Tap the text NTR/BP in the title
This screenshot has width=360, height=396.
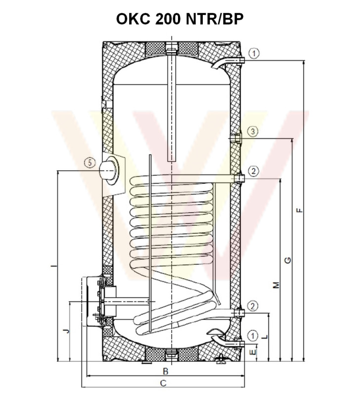[x=215, y=19]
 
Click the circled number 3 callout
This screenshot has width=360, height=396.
[x=254, y=131]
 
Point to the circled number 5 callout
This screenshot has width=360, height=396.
[x=90, y=162]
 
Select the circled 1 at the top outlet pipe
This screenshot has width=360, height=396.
[x=254, y=53]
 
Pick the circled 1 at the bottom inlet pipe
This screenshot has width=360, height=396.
[x=253, y=336]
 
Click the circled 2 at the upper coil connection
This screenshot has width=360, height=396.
[x=254, y=171]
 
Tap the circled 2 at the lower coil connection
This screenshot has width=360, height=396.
[x=253, y=306]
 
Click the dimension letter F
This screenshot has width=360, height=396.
[x=300, y=210]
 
